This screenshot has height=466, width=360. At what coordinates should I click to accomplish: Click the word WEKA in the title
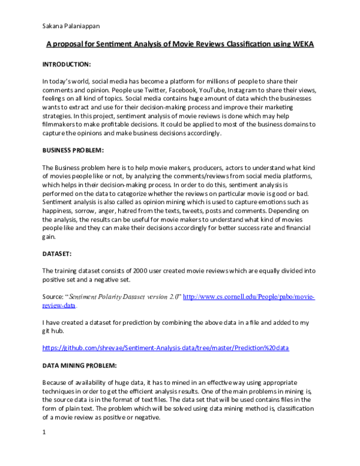point(302,45)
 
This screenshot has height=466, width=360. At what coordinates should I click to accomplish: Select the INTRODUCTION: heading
point(66,64)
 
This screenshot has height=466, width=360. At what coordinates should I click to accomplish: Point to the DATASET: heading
point(57,255)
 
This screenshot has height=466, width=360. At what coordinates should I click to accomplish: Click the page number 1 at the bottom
point(44,432)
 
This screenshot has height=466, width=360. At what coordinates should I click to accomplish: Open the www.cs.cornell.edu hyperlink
point(248,297)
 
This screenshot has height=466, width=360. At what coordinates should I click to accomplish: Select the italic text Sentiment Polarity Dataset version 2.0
point(123,297)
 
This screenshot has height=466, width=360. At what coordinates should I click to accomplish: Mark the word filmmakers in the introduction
point(61,124)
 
